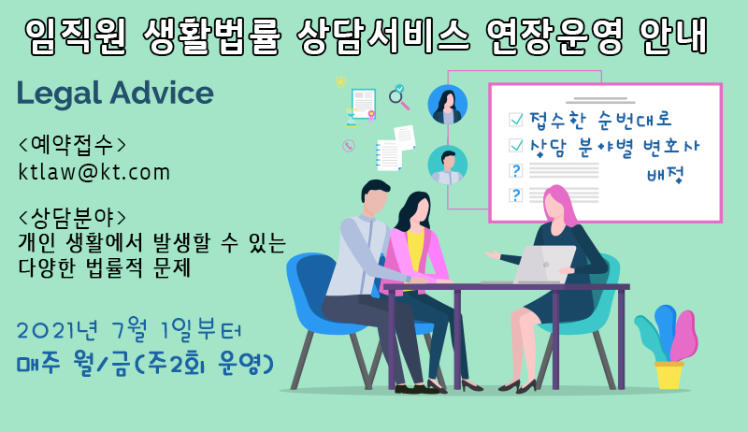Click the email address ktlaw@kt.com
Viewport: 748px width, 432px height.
click(94, 172)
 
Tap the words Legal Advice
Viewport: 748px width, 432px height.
click(115, 93)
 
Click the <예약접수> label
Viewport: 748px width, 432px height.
click(73, 145)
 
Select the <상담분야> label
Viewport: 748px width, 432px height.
click(73, 218)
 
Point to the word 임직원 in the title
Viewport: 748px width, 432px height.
click(76, 36)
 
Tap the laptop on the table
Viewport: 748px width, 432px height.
click(544, 265)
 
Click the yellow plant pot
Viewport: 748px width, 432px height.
click(669, 375)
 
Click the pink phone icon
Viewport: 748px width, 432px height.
click(349, 146)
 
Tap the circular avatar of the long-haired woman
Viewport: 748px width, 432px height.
click(448, 105)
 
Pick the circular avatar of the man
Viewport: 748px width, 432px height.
click(448, 165)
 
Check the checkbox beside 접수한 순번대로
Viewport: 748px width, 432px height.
click(516, 119)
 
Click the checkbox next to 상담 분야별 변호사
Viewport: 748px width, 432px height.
click(516, 145)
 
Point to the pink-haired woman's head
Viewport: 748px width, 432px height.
click(559, 204)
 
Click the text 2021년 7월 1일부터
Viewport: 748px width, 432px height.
click(129, 330)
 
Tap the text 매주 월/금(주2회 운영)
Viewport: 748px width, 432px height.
click(145, 364)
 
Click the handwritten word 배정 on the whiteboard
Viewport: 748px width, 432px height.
click(666, 175)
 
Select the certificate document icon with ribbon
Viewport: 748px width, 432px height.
click(364, 104)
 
